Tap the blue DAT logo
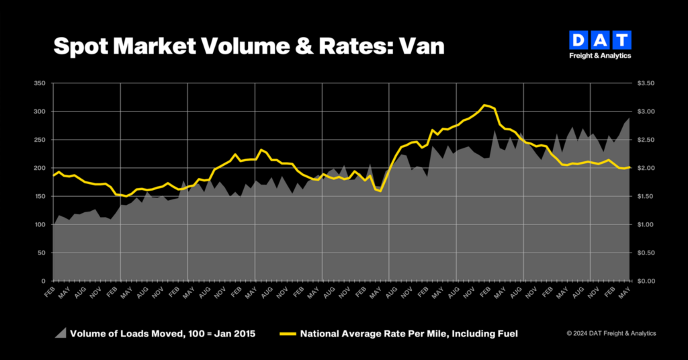tap(600, 40)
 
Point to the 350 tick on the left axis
tap(40, 83)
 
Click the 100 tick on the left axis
tap(40, 224)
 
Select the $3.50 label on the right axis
tap(646, 83)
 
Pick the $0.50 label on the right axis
tap(646, 253)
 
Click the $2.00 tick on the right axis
tap(646, 168)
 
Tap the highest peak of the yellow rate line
tap(484, 105)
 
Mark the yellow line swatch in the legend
tap(288, 334)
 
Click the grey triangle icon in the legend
tap(61, 333)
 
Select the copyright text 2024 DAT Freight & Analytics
tap(614, 333)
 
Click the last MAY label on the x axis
tap(624, 292)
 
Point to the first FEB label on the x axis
tap(50, 292)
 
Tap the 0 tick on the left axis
tap(44, 281)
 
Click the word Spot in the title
tap(81, 47)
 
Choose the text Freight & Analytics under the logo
tap(600, 56)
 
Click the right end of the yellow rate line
tap(630, 167)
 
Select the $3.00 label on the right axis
tap(646, 111)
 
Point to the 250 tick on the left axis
tap(40, 140)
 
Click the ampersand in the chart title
tap(304, 46)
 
